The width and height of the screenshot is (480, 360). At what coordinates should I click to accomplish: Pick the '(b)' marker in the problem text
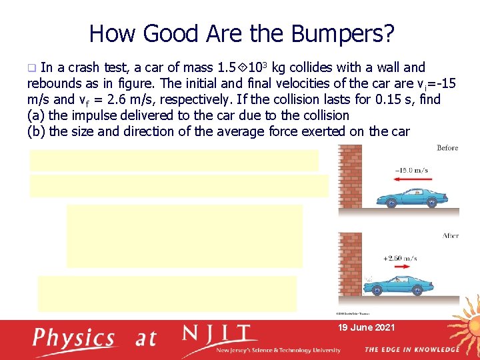click(x=36, y=131)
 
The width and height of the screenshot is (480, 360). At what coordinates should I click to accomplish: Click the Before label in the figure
click(x=447, y=148)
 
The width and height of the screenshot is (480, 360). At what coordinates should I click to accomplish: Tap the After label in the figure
click(x=449, y=236)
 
